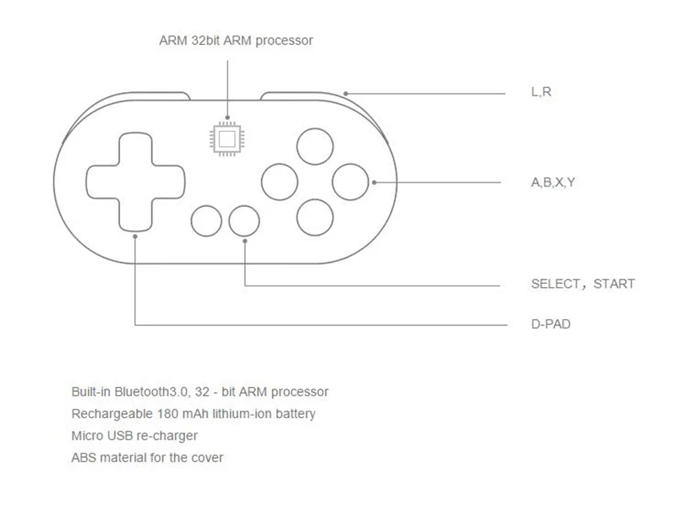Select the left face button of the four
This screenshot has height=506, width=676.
[279, 180]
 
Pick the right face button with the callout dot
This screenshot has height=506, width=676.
[350, 180]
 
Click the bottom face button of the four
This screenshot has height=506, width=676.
[314, 217]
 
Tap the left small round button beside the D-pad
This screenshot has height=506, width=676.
[207, 220]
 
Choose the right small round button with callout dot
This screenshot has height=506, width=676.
[244, 220]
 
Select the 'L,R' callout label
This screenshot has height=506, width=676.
[541, 91]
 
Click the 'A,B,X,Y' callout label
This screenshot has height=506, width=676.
[553, 182]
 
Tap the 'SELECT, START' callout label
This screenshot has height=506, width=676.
[582, 284]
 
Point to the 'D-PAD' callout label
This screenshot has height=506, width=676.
[550, 324]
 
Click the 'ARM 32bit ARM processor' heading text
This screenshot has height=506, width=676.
[236, 41]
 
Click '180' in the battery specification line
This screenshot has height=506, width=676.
[167, 414]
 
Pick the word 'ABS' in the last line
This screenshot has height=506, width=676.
[84, 458]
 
